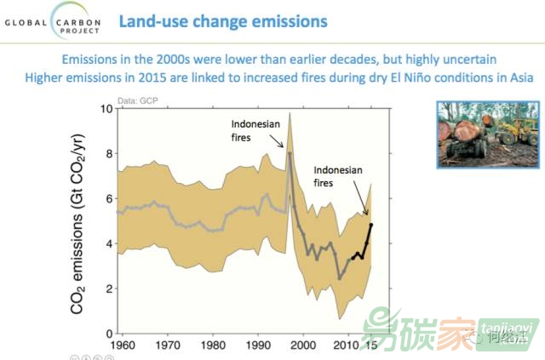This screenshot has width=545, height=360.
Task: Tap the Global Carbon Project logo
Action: [x=53, y=19]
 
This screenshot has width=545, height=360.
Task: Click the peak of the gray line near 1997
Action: [x=290, y=153]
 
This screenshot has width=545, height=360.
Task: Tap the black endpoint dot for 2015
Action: [x=371, y=225]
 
